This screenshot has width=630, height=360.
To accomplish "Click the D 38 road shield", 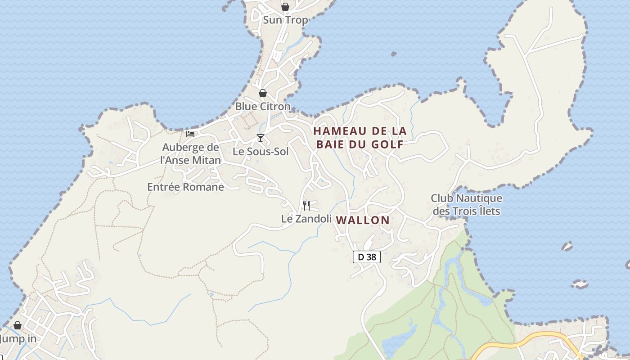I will click(367, 257).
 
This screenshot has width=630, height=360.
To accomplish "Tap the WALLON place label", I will click(363, 220).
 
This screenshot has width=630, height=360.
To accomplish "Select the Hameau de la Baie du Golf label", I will click(360, 137).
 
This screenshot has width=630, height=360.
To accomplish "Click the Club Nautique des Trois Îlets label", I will click(466, 204).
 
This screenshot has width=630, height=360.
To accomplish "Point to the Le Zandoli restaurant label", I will click(306, 218).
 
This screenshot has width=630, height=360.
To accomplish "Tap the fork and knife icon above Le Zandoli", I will click(306, 206).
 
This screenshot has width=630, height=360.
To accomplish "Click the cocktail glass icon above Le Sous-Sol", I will click(261, 138).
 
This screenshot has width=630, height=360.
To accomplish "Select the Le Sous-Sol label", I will click(261, 152).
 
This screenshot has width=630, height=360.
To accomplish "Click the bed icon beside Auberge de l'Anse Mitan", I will click(190, 134).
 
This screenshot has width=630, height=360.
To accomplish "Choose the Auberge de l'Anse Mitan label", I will click(191, 153).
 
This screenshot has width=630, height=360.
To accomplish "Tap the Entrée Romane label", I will click(185, 187).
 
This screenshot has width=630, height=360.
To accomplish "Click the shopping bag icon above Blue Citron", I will click(263, 93).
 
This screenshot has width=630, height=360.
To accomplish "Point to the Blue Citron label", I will click(263, 107).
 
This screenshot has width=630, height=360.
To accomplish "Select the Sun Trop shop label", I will click(285, 20).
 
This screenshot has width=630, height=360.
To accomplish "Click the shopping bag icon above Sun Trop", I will click(285, 7).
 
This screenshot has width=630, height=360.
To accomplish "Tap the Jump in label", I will click(18, 338).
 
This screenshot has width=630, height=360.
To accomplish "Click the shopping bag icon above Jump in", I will click(18, 325).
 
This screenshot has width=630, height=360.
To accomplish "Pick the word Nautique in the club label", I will click(479, 198).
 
